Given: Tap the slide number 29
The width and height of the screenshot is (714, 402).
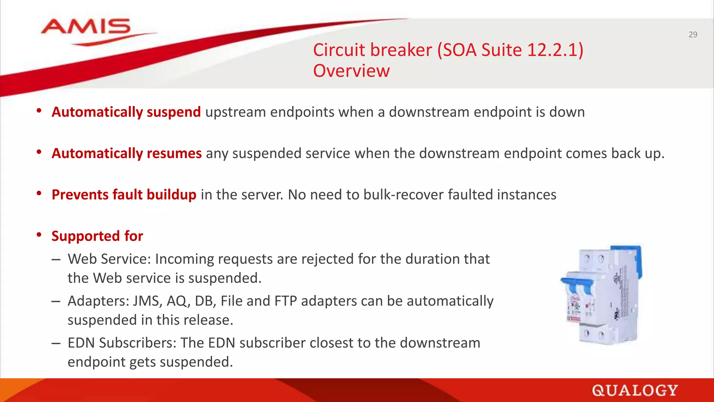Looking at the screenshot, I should tap(693, 35).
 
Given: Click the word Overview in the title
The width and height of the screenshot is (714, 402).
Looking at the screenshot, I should tap(351, 71).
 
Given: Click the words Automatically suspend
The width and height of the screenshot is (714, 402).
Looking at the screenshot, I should tap(126, 112).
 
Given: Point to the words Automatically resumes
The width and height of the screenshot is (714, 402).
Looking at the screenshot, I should tap(127, 154).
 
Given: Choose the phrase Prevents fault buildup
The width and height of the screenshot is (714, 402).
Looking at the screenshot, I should tap(124, 195).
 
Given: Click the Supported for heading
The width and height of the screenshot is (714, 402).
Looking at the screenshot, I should tap(97, 236).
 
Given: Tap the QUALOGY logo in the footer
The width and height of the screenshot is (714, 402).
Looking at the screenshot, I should tap(635, 390).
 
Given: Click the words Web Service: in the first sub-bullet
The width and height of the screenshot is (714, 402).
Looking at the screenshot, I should tap(109, 259).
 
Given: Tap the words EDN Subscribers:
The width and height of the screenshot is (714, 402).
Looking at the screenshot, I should tap(122, 343).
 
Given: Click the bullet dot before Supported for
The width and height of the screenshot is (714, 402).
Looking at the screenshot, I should tap(39, 235).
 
